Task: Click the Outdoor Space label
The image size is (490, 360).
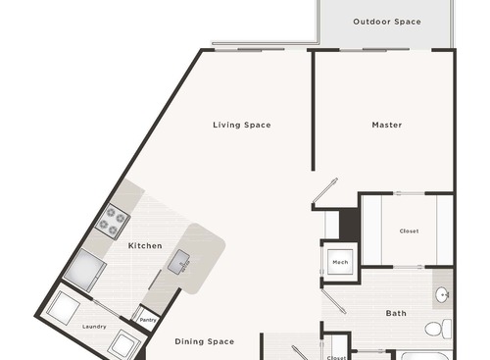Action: pyautogui.click(x=386, y=22)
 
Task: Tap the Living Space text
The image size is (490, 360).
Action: pyautogui.click(x=242, y=125)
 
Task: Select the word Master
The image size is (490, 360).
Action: pyautogui.click(x=386, y=125)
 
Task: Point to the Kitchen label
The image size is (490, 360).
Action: pyautogui.click(x=144, y=245)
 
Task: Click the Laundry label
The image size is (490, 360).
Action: pyautogui.click(x=94, y=326)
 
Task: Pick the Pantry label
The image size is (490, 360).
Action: pyautogui.click(x=148, y=320)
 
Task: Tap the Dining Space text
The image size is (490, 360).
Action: pyautogui.click(x=205, y=341)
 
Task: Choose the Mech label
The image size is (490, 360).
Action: pyautogui.click(x=340, y=262)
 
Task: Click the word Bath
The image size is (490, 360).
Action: pyautogui.click(x=396, y=314)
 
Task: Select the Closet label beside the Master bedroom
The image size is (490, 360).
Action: pyautogui.click(x=409, y=231)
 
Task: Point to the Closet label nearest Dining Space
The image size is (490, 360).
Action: pyautogui.click(x=337, y=357)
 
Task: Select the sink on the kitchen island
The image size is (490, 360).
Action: pyautogui.click(x=180, y=262)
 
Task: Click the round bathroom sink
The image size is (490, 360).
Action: pyautogui.click(x=443, y=293)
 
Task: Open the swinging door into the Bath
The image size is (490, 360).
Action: pyautogui.click(x=335, y=298)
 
